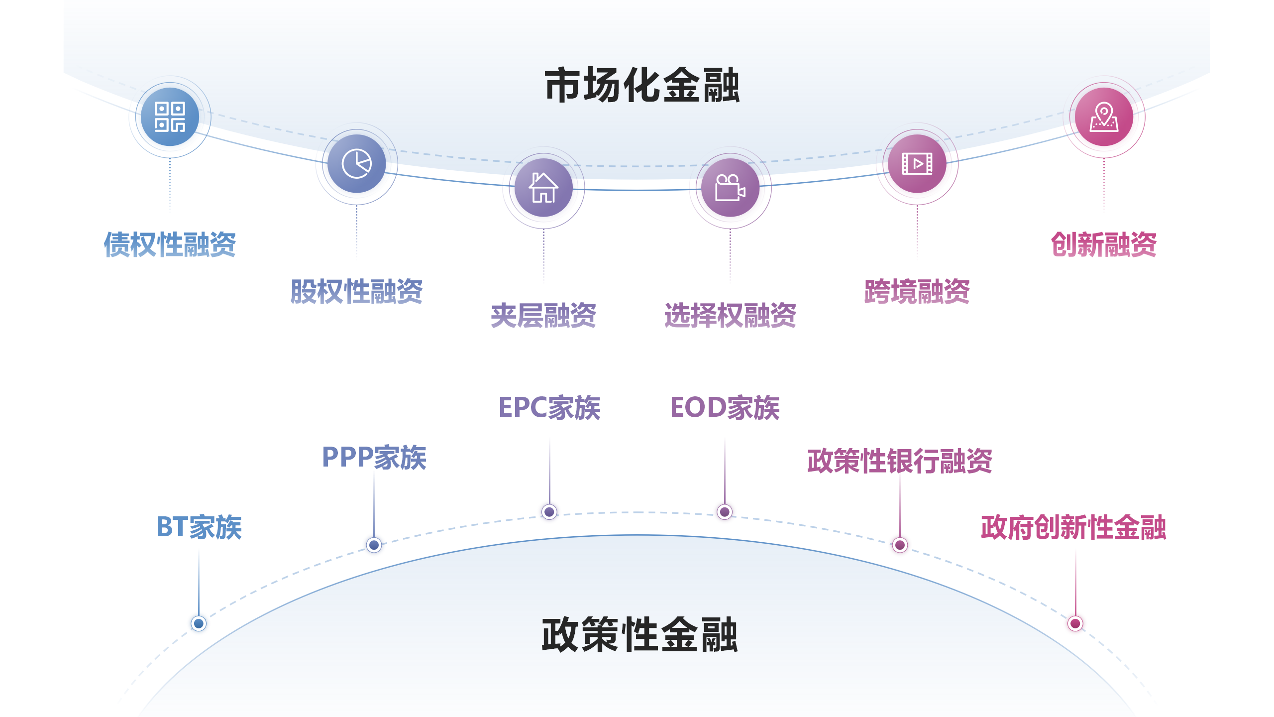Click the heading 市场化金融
[x=642, y=86]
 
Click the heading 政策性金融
[x=639, y=635]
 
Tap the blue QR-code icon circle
[x=170, y=117]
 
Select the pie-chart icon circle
[x=356, y=163]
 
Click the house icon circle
[x=543, y=187]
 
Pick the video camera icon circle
[x=730, y=187]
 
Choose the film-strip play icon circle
[x=917, y=163]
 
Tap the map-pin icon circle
[x=1104, y=117]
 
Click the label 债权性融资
[x=170, y=244]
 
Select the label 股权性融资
[x=356, y=291]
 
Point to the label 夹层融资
[x=543, y=315]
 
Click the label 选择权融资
[x=730, y=315]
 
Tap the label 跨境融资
[x=917, y=291]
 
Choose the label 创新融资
[x=1104, y=244]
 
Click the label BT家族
[x=199, y=527]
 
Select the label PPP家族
[x=374, y=457]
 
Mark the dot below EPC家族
[x=549, y=511]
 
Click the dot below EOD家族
[x=725, y=511]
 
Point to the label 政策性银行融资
[x=900, y=461]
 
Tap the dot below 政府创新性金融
[x=1075, y=623]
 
